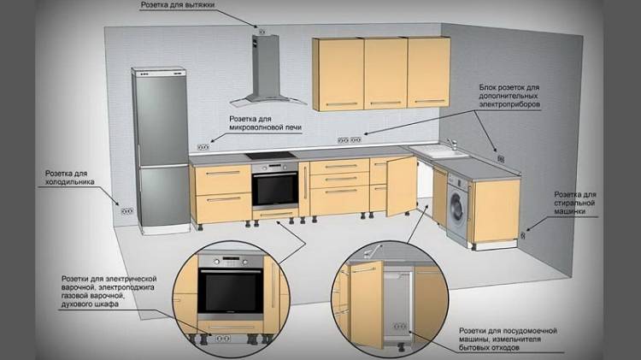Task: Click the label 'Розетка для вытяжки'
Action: [178, 5]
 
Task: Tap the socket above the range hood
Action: [262, 32]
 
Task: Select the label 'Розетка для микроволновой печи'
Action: [265, 123]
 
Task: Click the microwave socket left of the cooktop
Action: [203, 147]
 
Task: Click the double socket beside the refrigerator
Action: [127, 211]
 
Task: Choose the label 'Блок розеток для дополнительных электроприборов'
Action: [509, 96]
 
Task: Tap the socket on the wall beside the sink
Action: [501, 159]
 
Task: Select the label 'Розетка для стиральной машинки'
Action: [575, 203]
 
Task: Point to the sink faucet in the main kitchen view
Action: [452, 144]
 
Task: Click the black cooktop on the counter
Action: [270, 156]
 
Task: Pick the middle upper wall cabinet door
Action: [385, 74]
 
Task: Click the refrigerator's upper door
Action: [161, 118]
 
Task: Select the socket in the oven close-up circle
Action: [223, 339]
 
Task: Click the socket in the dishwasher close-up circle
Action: [400, 326]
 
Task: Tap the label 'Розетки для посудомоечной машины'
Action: [508, 335]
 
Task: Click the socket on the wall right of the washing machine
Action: [522, 236]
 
